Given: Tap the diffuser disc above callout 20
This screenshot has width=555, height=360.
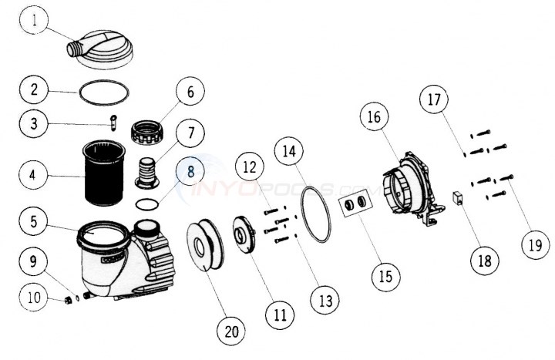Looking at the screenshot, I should point(204,246).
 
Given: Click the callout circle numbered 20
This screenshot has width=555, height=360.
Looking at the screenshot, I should point(230,332).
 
